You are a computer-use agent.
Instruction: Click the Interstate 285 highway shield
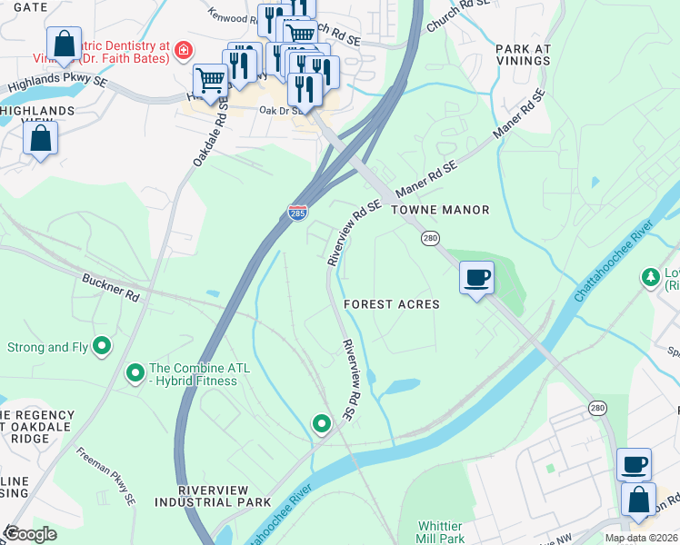(x=297, y=212)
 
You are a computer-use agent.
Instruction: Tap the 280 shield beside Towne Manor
(x=430, y=237)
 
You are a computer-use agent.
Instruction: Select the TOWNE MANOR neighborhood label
(x=440, y=210)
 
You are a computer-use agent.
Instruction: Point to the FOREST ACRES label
(x=392, y=304)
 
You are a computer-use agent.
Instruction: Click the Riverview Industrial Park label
(x=225, y=496)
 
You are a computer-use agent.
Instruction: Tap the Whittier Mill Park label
(x=440, y=532)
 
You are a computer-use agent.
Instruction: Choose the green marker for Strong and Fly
(x=102, y=346)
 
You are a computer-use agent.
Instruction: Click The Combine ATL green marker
(x=135, y=372)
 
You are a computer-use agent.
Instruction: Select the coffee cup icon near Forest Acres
(x=476, y=276)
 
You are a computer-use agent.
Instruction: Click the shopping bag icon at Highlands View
(x=41, y=138)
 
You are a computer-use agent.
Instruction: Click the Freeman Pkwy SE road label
(x=106, y=475)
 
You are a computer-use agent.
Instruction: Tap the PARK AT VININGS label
(x=523, y=54)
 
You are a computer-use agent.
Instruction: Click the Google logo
(x=30, y=534)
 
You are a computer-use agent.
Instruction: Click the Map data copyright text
(x=642, y=538)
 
